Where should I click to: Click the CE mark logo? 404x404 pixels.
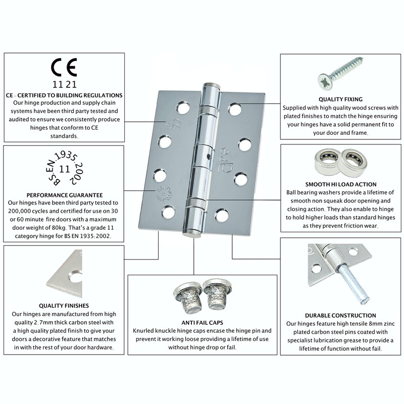coord(65,68)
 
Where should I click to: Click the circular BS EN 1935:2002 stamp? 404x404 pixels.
coord(65,167)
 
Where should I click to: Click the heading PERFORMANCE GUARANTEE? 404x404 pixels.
coord(65,194)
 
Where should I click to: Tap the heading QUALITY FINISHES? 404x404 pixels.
coord(64,306)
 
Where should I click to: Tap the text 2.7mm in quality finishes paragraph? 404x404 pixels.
coord(36,322)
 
